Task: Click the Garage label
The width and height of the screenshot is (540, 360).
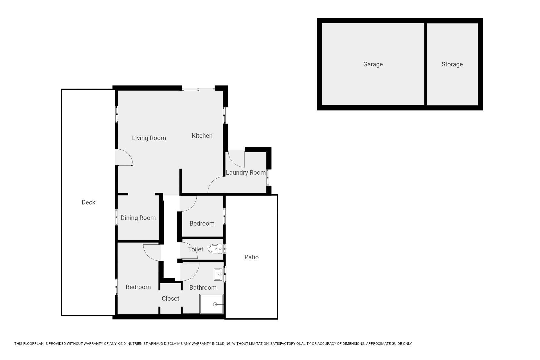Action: point(373,64)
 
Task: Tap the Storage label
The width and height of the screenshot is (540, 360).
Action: point(452,64)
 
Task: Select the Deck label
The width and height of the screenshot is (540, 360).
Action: point(88,202)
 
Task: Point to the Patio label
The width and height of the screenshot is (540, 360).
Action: point(251,257)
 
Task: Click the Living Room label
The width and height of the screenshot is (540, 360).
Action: point(149,138)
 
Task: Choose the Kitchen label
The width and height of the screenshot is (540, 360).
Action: point(202,136)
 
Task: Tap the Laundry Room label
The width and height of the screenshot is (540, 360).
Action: point(246,173)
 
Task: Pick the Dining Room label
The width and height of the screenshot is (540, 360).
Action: point(138,218)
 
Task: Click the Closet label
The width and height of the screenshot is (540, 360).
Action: point(170,298)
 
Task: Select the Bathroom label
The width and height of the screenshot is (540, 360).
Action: point(203,287)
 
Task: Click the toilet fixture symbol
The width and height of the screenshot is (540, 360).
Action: point(215,249)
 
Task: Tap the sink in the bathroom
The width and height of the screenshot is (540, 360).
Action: point(218,274)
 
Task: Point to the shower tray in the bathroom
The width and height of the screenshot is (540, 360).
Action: point(211,304)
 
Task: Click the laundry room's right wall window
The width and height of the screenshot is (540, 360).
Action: point(268,177)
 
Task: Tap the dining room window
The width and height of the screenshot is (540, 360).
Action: point(116,217)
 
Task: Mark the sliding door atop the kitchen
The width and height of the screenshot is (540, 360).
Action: point(198,89)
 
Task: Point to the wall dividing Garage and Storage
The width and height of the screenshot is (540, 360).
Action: point(425,64)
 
